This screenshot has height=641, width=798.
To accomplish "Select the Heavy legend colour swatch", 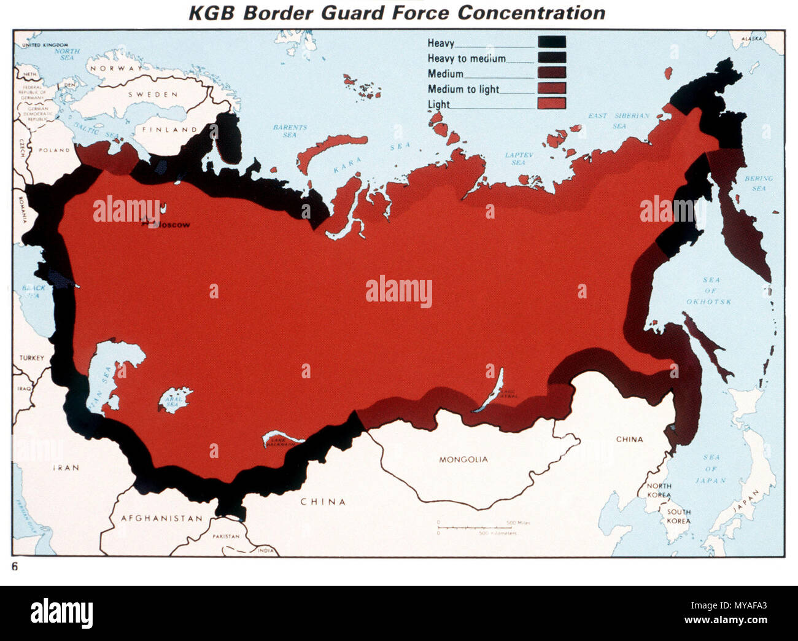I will coord(551,42).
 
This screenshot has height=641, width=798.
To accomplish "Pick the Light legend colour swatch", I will coord(551,104).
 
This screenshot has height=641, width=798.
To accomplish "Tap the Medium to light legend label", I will coord(463,89).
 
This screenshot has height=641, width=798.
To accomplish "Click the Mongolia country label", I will coord(463,459).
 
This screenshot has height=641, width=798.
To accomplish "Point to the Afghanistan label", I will coord(161,518).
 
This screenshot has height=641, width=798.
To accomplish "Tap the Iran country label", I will coord(65,468).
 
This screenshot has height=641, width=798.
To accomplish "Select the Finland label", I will coord(166,130).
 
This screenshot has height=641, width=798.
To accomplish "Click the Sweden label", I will coord(153,95).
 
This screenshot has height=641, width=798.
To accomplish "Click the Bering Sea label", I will coord(759,183).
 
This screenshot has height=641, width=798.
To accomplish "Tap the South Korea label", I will coord(678,516).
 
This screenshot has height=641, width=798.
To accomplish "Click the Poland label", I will coord(54,150).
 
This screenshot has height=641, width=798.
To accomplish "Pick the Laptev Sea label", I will coord(519,158).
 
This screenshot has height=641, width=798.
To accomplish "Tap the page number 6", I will coord(15,567).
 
